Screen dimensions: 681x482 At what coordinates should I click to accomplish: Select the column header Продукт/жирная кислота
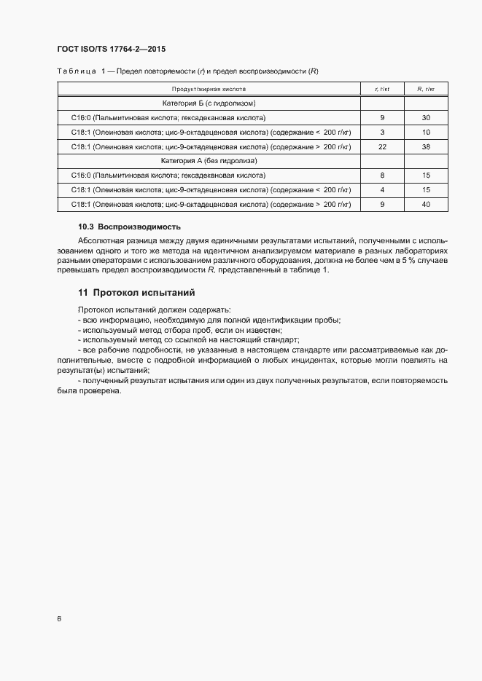coord(209,89)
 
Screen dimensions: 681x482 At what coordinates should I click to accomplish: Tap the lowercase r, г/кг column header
coord(382,89)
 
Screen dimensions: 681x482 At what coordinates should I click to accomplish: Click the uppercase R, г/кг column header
coord(426,89)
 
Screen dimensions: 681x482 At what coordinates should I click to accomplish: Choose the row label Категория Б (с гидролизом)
coord(209,103)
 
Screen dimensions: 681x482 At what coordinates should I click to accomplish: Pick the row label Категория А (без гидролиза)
coord(209,160)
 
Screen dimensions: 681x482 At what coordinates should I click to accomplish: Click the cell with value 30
coord(426,117)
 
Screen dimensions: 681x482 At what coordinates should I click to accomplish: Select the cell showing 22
coord(382,146)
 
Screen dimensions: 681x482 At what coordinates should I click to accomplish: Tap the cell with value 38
coord(426,146)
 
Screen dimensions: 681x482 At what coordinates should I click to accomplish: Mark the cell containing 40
coord(426,204)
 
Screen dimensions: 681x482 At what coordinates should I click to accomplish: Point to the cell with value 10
coord(426,132)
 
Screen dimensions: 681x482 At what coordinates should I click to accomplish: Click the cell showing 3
coord(382,132)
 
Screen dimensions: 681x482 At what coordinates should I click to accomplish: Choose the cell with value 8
coord(382,176)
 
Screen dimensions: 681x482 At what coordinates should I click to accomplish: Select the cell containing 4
coord(382,189)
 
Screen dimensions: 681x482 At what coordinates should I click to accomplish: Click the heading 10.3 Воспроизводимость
coord(129,227)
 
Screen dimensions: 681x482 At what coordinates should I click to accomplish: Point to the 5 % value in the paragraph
coord(405,260)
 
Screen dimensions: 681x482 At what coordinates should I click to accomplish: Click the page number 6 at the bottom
coord(59,619)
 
